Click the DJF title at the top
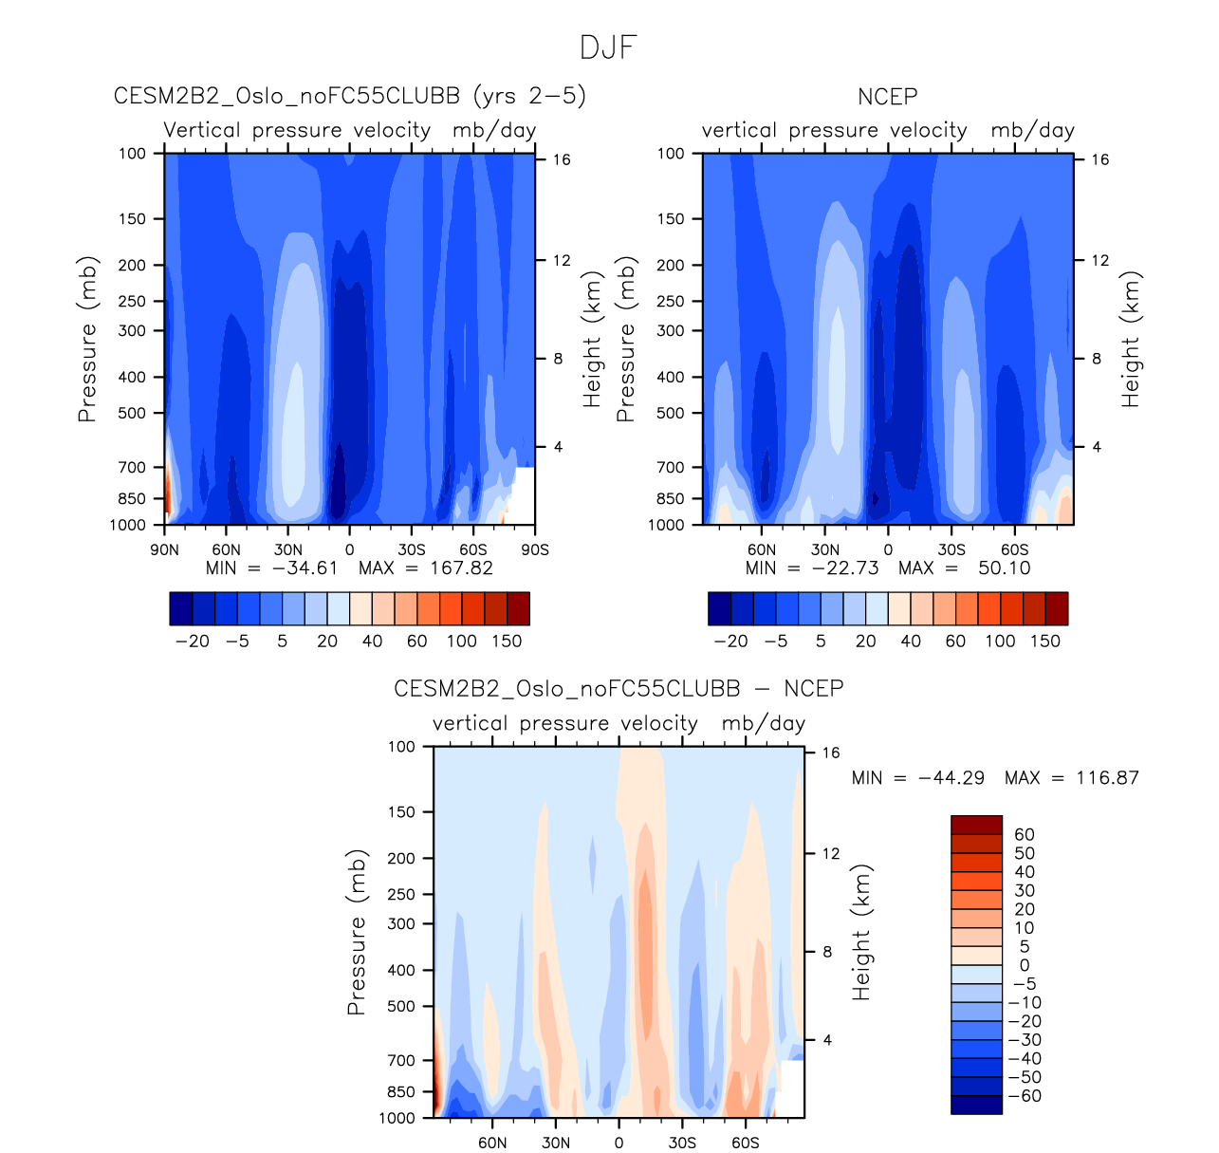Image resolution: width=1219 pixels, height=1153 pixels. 608,47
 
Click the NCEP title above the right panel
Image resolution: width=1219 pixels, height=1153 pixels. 887,97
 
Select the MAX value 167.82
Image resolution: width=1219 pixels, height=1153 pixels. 460,568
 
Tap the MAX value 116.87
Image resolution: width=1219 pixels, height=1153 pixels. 1107,778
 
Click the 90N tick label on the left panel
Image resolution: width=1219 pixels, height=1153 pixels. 165,549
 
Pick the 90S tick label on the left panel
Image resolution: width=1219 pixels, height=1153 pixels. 535,549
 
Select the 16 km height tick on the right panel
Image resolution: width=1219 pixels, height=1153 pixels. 1099,159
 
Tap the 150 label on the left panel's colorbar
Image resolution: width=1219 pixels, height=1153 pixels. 507,642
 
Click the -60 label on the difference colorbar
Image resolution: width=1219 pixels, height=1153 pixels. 1024,1096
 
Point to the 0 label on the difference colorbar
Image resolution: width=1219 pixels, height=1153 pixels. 1024,965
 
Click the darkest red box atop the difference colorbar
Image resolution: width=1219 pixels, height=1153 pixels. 976,825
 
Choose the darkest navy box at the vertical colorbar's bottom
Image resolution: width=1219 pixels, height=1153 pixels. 976,1105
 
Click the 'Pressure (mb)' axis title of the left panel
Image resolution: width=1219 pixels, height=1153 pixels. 87,339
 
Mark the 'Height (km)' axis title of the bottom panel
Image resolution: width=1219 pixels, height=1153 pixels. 861,932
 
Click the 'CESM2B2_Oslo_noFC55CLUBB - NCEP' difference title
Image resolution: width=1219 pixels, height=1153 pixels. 619,688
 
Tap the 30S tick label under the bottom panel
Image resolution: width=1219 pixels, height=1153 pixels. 682,1143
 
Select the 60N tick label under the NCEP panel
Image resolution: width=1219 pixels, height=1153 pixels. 762,549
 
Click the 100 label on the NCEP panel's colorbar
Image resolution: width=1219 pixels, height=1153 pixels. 1000,642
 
